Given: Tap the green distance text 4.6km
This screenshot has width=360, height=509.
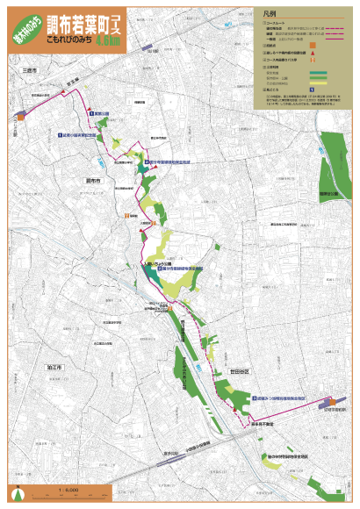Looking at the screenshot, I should pyautogui.click(x=111, y=39).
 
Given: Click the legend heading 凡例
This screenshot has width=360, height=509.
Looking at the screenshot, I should pyautogui.click(x=270, y=15).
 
